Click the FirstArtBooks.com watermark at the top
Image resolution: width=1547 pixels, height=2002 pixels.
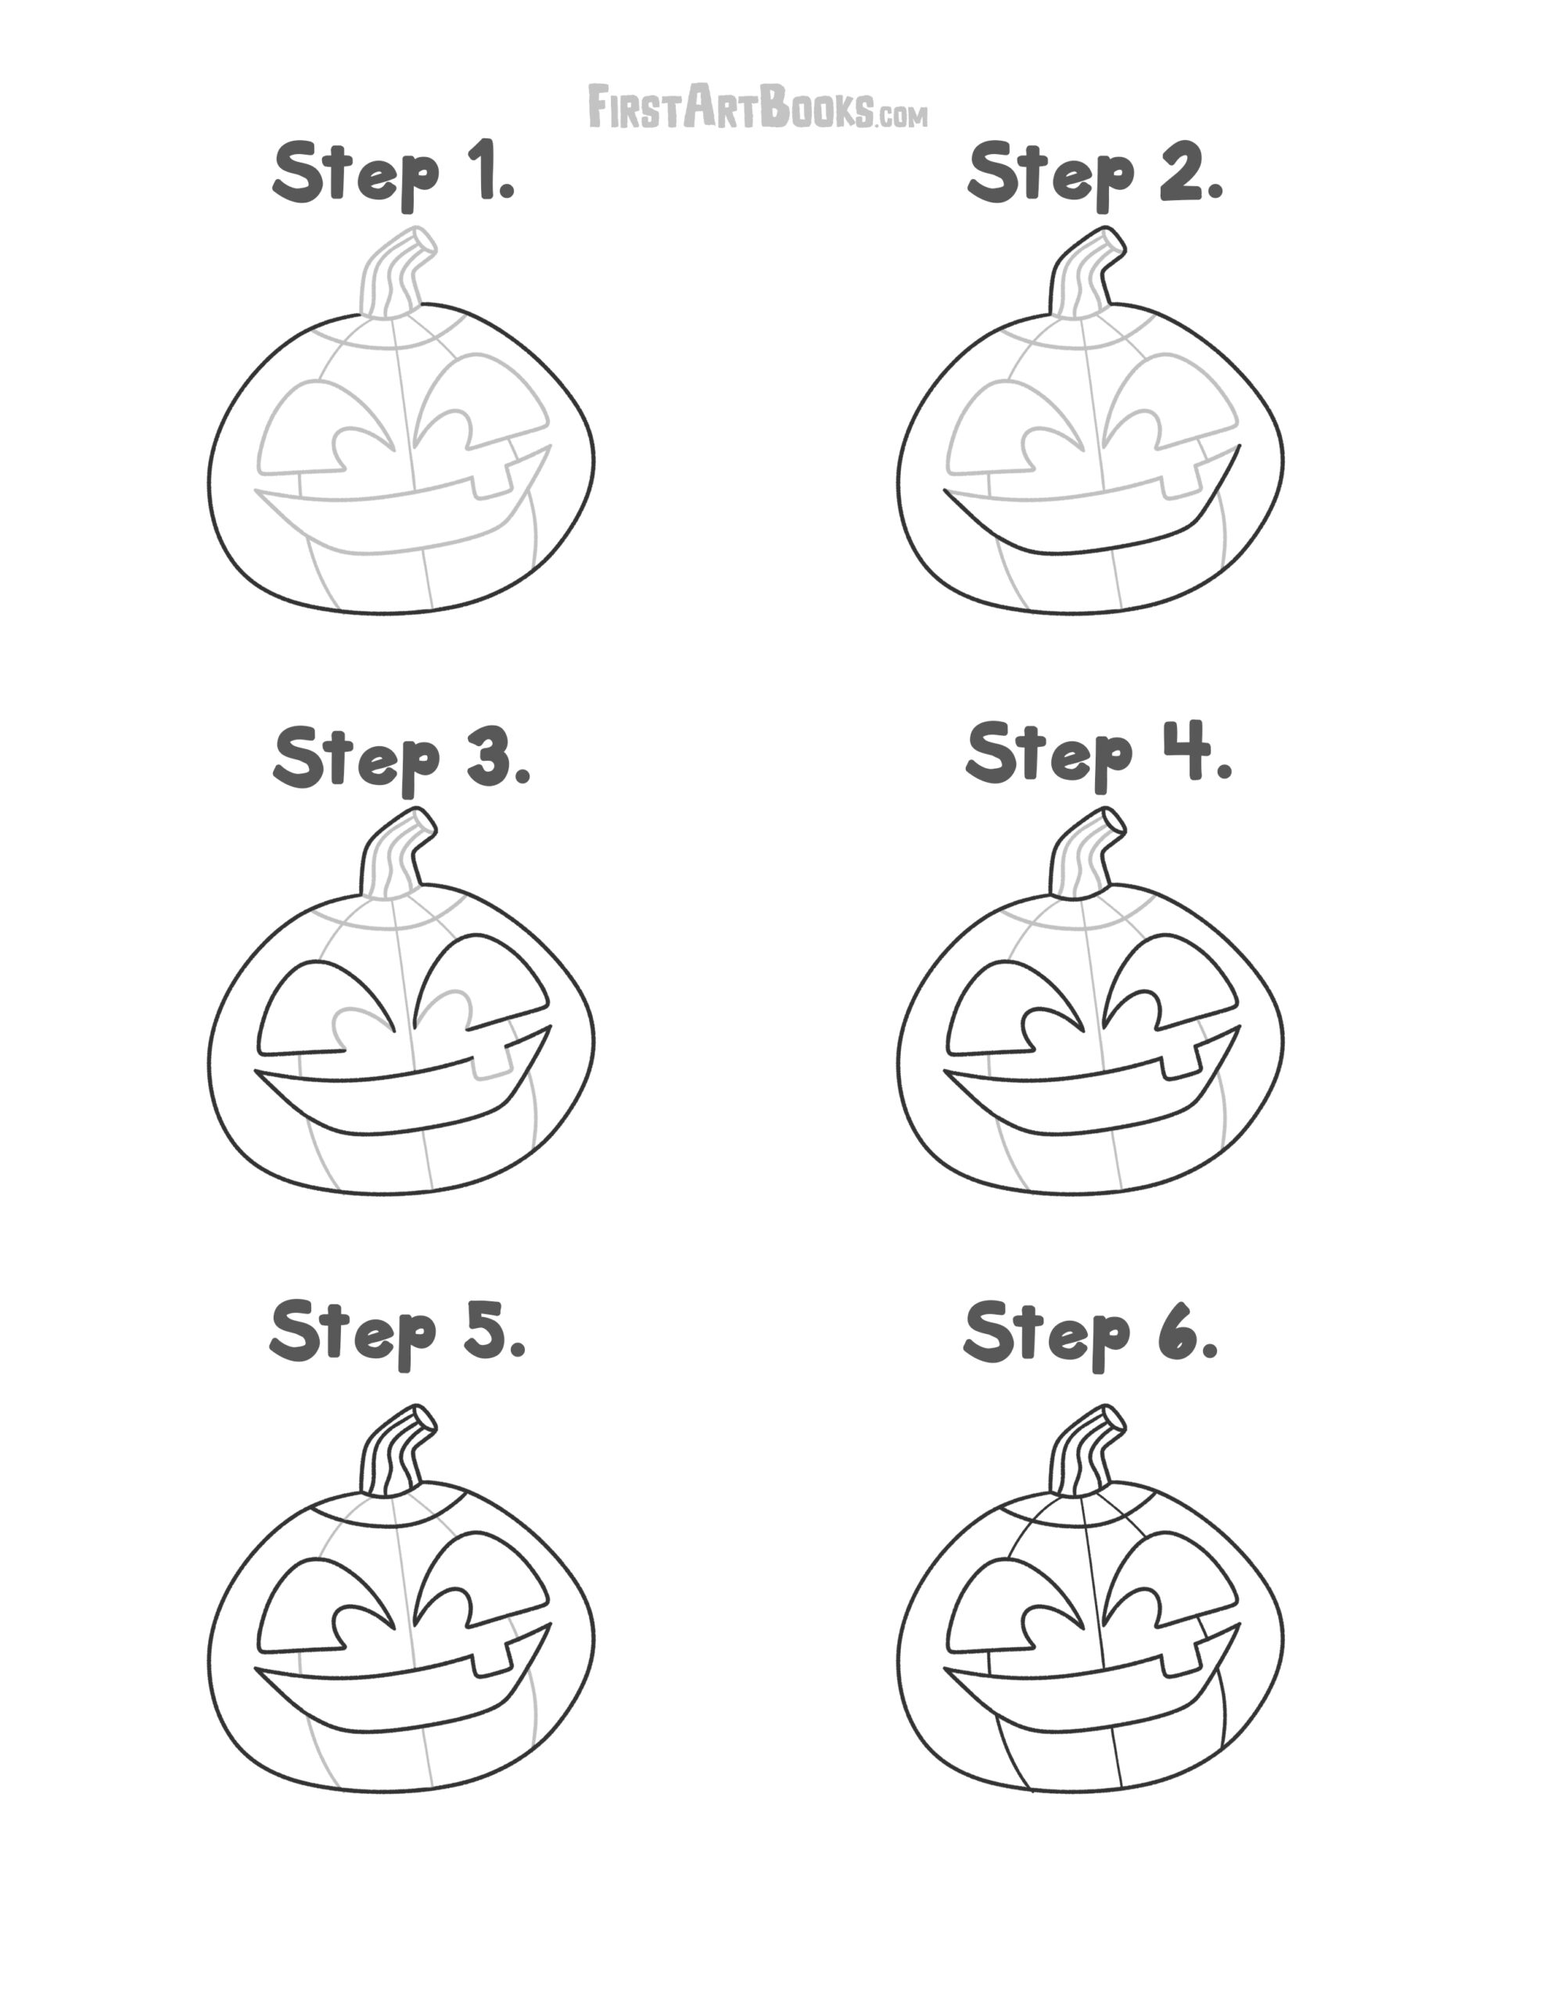point(756,106)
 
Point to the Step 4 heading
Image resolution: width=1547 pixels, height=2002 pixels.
point(1099,754)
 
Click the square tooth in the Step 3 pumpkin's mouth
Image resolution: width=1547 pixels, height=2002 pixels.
point(490,1064)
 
